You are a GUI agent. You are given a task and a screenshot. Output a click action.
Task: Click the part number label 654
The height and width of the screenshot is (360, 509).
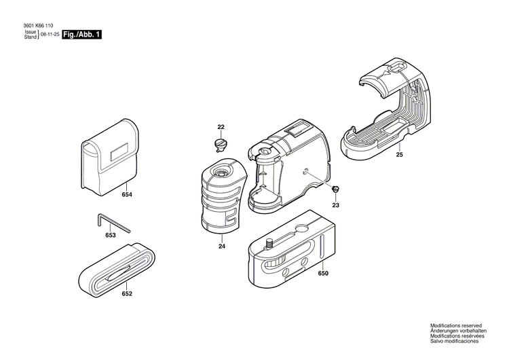(x=127, y=195)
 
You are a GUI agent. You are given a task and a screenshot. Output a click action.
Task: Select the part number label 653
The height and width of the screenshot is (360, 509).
(x=111, y=235)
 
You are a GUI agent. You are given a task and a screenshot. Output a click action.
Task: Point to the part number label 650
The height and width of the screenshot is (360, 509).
(x=323, y=273)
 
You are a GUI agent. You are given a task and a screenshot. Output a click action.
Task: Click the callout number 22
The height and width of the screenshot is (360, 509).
(x=221, y=127)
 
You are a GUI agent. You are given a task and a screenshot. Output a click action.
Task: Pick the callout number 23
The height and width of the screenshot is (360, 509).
(x=335, y=205)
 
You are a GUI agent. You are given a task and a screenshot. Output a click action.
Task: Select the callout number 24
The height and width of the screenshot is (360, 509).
(x=221, y=246)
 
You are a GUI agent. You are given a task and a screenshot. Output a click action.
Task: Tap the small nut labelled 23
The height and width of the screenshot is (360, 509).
(x=335, y=188)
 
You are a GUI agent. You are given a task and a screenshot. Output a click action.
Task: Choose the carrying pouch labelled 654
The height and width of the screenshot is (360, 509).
(x=107, y=160)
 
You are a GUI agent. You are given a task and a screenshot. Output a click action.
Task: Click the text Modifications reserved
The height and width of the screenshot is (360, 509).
(x=457, y=326)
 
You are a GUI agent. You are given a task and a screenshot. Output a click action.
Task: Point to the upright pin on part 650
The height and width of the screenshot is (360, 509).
(x=268, y=242)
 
